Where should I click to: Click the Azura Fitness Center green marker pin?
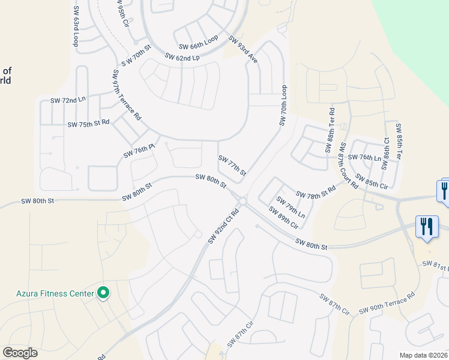(103, 293)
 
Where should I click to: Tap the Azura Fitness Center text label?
(55, 293)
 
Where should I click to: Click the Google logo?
(20, 353)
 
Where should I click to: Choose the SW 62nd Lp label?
(182, 58)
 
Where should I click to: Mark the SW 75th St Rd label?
(88, 124)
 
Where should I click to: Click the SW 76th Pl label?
(139, 151)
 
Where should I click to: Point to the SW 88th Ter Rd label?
(330, 130)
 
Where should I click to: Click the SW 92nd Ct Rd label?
(223, 226)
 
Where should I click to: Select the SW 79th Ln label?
(291, 207)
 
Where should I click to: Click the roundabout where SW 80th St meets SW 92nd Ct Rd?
(242, 201)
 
